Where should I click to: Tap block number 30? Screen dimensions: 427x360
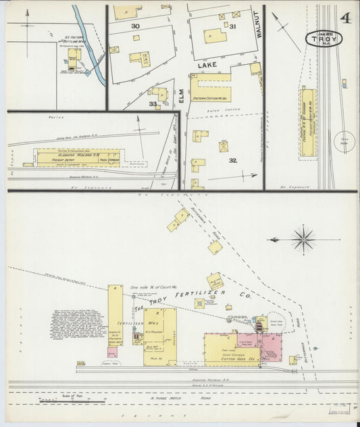[x=135, y=25]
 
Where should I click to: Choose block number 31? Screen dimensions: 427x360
[x=232, y=26]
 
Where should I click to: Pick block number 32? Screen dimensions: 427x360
[x=232, y=160]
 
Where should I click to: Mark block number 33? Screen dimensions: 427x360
[x=153, y=104]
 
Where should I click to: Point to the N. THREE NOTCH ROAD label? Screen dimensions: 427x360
[x=173, y=403]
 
